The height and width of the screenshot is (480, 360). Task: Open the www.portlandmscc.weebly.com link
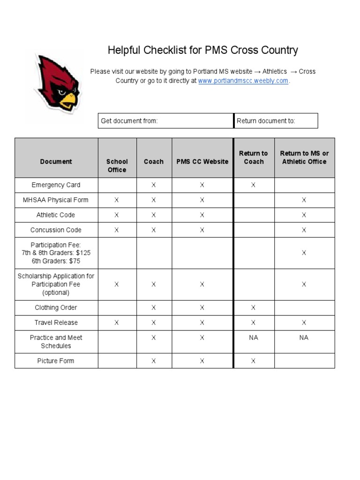pyautogui.click(x=243, y=81)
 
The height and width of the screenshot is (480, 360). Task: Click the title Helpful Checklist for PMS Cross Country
pyautogui.click(x=202, y=51)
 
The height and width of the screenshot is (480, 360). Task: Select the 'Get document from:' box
pyautogui.click(x=165, y=121)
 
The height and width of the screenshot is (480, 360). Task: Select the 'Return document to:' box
pyautogui.click(x=276, y=121)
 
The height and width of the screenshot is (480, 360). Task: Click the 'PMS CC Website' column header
pyautogui.click(x=202, y=162)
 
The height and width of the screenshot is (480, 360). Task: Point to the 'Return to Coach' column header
pyautogui.click(x=253, y=157)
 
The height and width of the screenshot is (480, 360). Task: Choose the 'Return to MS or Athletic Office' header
pyautogui.click(x=304, y=157)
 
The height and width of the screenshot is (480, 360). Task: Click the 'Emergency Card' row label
pyautogui.click(x=56, y=185)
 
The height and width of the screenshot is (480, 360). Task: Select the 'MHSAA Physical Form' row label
pyautogui.click(x=56, y=200)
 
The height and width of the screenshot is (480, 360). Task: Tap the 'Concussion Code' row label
pyautogui.click(x=56, y=230)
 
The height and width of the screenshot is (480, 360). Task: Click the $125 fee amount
pyautogui.click(x=82, y=253)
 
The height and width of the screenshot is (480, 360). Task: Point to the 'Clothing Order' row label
pyautogui.click(x=56, y=308)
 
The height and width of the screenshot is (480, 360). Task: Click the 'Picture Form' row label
pyautogui.click(x=56, y=361)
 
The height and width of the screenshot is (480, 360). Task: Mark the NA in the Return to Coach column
pyautogui.click(x=253, y=337)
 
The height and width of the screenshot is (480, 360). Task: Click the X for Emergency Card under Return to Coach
pyautogui.click(x=253, y=185)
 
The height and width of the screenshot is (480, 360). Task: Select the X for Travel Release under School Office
pyautogui.click(x=117, y=323)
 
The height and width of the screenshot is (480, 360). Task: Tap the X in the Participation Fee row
pyautogui.click(x=304, y=253)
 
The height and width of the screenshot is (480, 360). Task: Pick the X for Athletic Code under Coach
pyautogui.click(x=153, y=215)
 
